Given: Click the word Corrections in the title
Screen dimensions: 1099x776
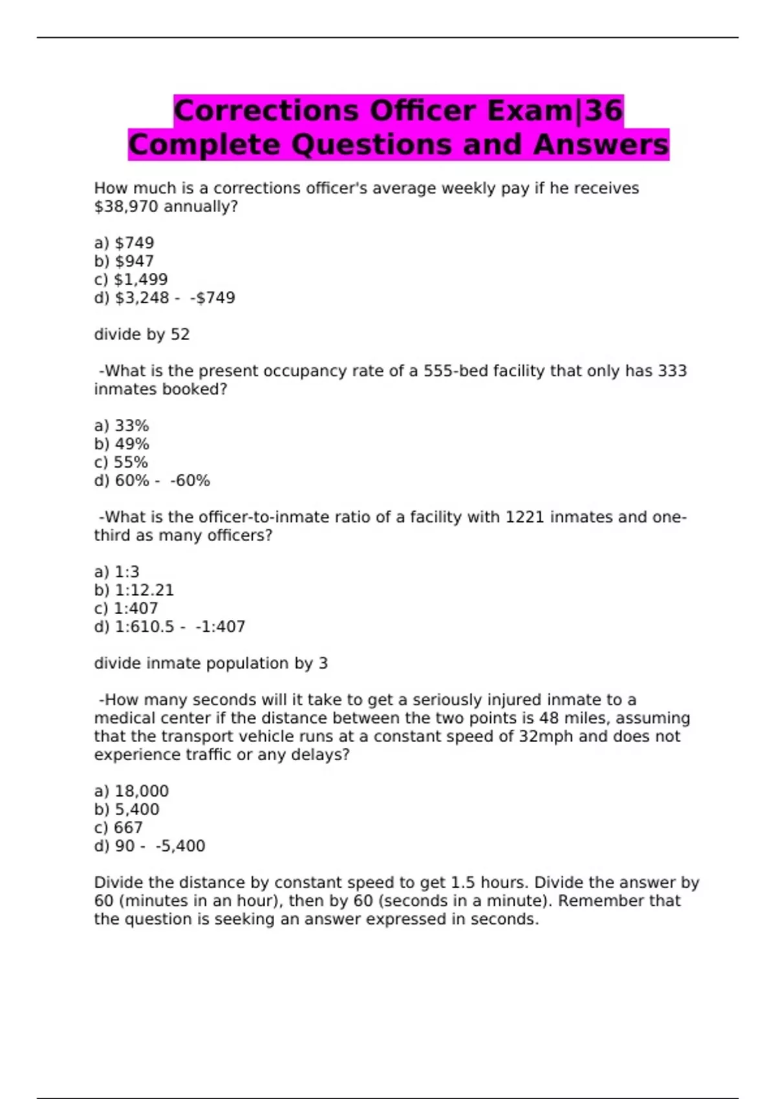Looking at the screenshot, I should (266, 111).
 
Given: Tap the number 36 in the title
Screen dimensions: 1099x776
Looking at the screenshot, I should (604, 111).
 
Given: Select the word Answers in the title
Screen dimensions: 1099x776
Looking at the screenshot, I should (601, 144).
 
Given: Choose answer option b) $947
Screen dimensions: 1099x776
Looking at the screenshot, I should (124, 261).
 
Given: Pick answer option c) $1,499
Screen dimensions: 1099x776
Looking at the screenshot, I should (131, 279).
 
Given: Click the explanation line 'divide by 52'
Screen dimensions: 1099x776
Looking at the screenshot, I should (142, 334).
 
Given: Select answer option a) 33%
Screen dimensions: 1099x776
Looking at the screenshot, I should (122, 426).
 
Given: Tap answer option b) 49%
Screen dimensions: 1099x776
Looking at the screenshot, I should (122, 444).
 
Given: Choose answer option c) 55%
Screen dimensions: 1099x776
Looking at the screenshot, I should (121, 462).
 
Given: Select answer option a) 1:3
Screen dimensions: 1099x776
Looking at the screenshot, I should (117, 572).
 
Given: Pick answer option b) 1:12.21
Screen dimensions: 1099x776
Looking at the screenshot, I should (134, 590).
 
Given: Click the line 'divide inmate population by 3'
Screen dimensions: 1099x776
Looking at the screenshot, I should (211, 663).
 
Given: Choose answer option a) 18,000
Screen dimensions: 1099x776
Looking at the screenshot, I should (131, 791).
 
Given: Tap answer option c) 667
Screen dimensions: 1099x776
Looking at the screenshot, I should (118, 827).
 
